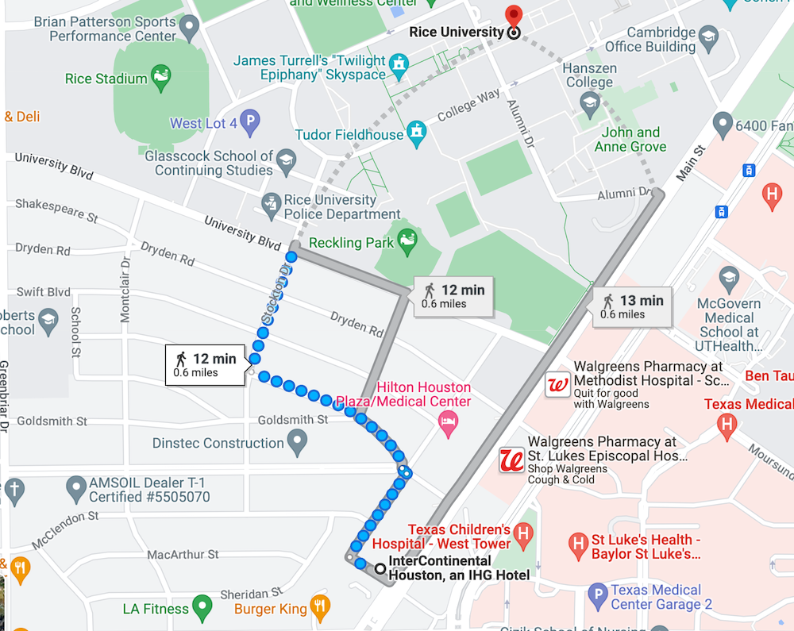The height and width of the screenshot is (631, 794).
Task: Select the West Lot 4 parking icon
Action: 250,122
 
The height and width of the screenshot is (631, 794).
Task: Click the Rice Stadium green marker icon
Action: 162,78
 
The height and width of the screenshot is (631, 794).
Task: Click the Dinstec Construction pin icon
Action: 297,441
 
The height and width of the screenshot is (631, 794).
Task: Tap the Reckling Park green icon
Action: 407,240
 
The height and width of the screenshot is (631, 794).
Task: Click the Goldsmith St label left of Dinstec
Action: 52,421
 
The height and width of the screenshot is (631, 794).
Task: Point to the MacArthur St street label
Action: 183,554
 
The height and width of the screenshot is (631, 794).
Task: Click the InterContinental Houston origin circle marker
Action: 380,568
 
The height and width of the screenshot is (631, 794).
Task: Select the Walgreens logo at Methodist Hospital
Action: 557,385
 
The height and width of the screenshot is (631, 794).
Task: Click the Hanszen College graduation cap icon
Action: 589,102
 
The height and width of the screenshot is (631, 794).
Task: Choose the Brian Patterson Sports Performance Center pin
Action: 189,29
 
